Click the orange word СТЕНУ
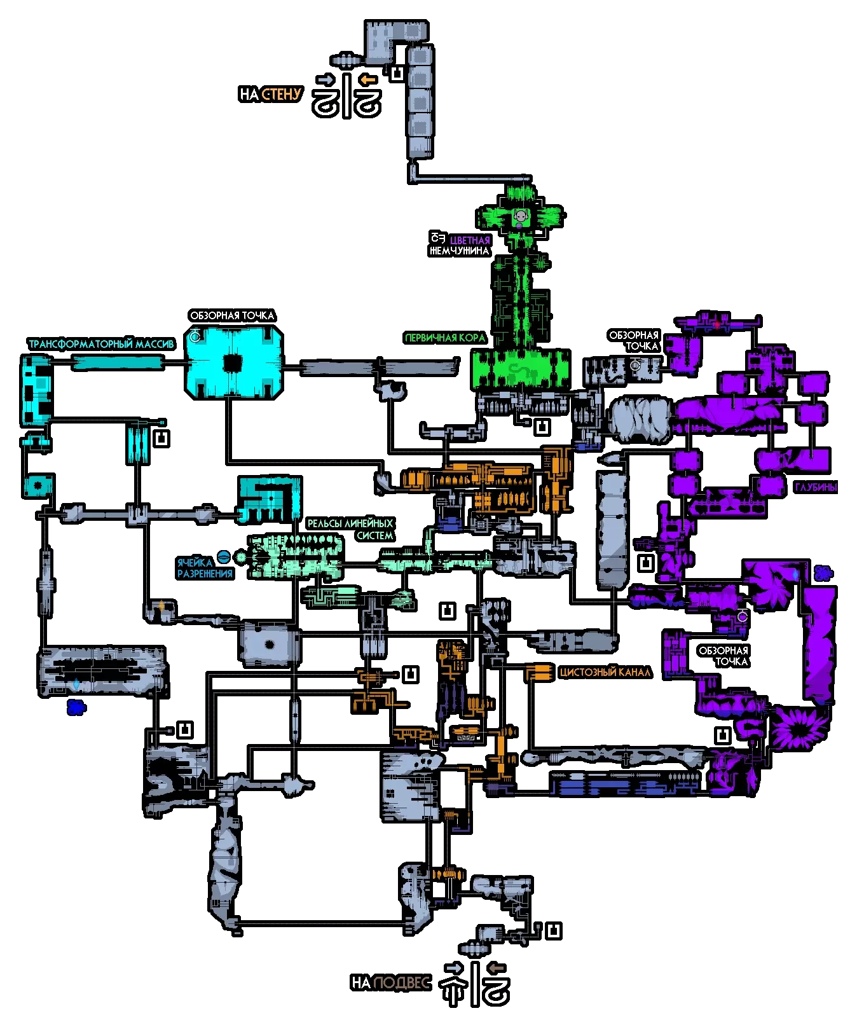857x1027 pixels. tap(281, 94)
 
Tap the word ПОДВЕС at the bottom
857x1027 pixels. tap(401, 982)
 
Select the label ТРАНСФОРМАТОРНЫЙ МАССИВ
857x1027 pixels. tap(101, 344)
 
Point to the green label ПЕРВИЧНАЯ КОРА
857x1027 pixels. tap(445, 338)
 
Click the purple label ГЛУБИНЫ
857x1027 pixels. tap(816, 488)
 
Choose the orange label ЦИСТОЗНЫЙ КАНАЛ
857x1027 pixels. tap(605, 672)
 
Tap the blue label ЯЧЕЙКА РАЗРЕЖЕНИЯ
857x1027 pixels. tap(204, 568)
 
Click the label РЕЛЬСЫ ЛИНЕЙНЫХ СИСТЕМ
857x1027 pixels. tap(350, 529)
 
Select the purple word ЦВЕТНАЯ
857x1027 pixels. tap(470, 240)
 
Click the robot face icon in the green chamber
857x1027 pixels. tap(521, 217)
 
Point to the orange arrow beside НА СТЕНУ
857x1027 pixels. tap(367, 79)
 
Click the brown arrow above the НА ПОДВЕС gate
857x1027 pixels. tap(496, 968)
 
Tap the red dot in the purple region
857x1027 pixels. tap(716, 324)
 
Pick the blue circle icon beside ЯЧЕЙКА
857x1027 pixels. tap(223, 557)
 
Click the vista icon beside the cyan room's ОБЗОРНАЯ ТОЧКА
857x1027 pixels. tap(195, 336)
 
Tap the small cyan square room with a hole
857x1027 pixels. tap(38, 486)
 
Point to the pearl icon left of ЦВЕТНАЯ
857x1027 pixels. tap(437, 238)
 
